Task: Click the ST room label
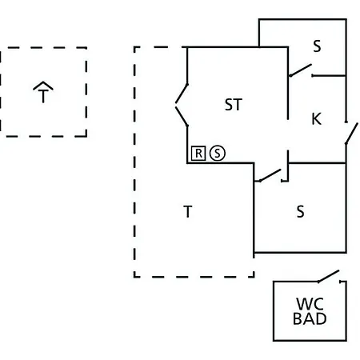[234, 105]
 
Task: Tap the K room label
[317, 118]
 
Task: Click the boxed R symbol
[198, 154]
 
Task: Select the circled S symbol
[218, 154]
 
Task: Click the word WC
[310, 304]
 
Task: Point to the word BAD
[310, 318]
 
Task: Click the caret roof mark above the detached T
[43, 86]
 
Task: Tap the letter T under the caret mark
[43, 96]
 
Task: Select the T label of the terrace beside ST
[188, 211]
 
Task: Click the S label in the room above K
[317, 46]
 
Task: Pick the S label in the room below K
[300, 211]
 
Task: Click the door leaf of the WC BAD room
[329, 276]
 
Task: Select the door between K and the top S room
[300, 70]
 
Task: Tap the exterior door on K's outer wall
[351, 134]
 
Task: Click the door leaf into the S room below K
[270, 175]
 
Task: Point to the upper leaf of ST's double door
[182, 94]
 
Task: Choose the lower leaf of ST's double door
[182, 117]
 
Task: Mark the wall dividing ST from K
[288, 83]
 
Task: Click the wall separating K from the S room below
[318, 162]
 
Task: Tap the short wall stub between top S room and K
[329, 76]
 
